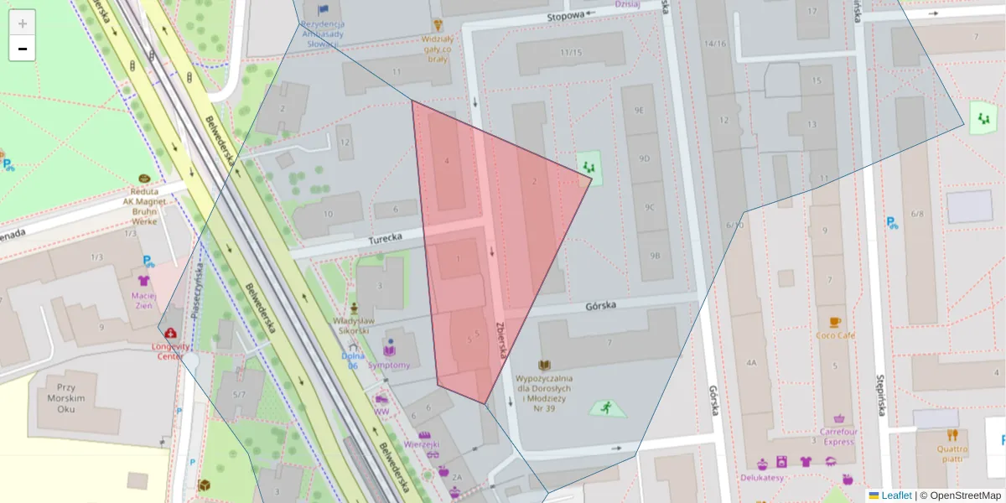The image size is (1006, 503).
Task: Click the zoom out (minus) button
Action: coord(22,49)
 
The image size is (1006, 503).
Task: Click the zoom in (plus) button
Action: coord(22,23)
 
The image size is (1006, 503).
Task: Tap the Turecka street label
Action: coord(386,239)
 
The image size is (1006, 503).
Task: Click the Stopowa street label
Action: coord(564,15)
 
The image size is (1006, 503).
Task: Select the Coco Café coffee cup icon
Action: coord(834,322)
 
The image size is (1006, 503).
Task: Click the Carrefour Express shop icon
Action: coord(838,418)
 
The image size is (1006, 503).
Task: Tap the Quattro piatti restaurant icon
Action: coord(952,435)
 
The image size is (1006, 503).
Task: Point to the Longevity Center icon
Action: coord(171,333)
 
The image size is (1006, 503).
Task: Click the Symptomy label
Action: coord(389,366)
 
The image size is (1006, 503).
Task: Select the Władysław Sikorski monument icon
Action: coord(354,308)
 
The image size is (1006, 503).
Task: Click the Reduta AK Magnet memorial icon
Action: coord(144,179)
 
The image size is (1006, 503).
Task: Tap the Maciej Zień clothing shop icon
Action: coord(143,281)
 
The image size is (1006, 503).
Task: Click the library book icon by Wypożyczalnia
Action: coord(544,366)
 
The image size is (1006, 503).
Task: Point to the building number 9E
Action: coord(640,110)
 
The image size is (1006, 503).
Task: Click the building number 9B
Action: coord(654,255)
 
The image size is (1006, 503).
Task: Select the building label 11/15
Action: coord(571,53)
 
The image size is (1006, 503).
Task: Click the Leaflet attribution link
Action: coord(895,495)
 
